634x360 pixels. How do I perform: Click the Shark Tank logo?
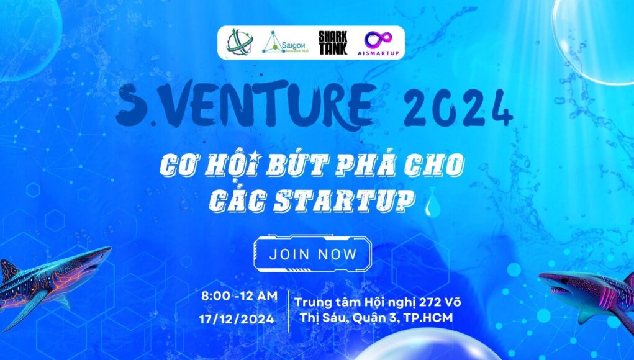pos(333,43)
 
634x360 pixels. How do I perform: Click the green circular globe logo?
pos(239,42)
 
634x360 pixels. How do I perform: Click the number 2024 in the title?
pos(458,108)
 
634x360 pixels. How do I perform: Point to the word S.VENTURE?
pos(244,106)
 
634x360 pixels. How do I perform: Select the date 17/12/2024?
pos(237,319)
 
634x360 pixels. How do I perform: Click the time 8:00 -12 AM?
pos(239,296)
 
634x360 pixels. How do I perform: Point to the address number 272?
pos(431,302)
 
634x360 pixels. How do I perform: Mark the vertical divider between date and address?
pos(288,310)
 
